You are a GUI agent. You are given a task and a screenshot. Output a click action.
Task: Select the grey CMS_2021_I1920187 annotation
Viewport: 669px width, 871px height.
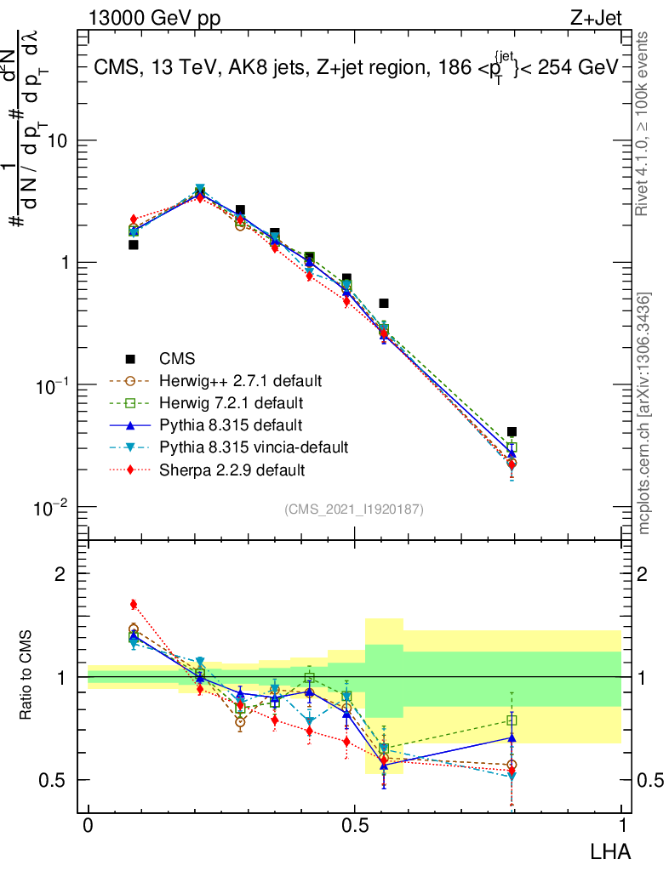coord(354,509)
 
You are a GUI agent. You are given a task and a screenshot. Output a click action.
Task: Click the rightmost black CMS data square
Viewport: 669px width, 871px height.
coord(512,432)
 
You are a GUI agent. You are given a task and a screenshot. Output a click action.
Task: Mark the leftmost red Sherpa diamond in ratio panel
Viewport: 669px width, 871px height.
coord(134,605)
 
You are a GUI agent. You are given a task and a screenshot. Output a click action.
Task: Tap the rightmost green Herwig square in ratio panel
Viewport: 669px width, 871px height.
coord(512,720)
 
